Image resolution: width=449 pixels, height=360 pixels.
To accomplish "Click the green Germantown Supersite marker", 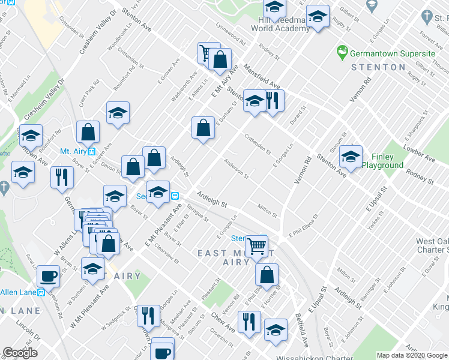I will [x=342, y=53].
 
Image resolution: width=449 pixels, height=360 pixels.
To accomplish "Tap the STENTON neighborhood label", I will [x=378, y=67].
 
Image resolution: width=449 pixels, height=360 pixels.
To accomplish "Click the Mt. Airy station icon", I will [x=91, y=151].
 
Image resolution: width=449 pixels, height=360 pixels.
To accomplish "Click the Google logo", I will [x=20, y=353].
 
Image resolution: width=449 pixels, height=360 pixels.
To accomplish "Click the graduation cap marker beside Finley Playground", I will [x=351, y=157].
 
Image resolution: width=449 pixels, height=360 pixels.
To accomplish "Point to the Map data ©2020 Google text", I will [x=412, y=355].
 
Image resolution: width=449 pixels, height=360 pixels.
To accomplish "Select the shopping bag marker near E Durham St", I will [x=203, y=127].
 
